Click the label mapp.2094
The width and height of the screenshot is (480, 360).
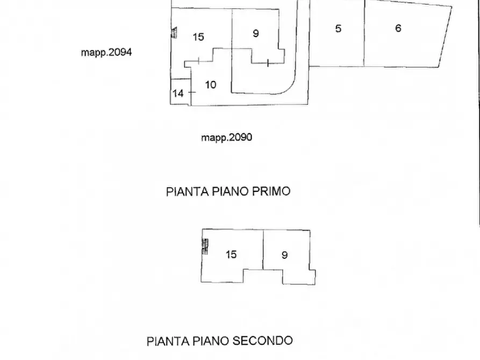106,53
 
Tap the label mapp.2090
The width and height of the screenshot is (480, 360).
226,138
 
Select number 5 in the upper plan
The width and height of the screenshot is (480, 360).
338,28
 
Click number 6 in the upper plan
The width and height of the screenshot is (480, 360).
398,28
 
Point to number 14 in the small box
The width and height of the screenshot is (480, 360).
178,93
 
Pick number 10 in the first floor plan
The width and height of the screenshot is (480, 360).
211,84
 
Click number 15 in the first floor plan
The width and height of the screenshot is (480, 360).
198,37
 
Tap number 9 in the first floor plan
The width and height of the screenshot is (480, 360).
255,33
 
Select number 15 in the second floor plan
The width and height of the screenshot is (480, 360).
231,254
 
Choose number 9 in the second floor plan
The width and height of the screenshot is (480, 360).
285,255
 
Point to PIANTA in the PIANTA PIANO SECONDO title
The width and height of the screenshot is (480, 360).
167,341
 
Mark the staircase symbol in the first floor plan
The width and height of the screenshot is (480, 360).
174,33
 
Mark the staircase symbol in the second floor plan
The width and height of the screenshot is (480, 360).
205,246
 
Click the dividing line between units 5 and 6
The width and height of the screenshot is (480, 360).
364,32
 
